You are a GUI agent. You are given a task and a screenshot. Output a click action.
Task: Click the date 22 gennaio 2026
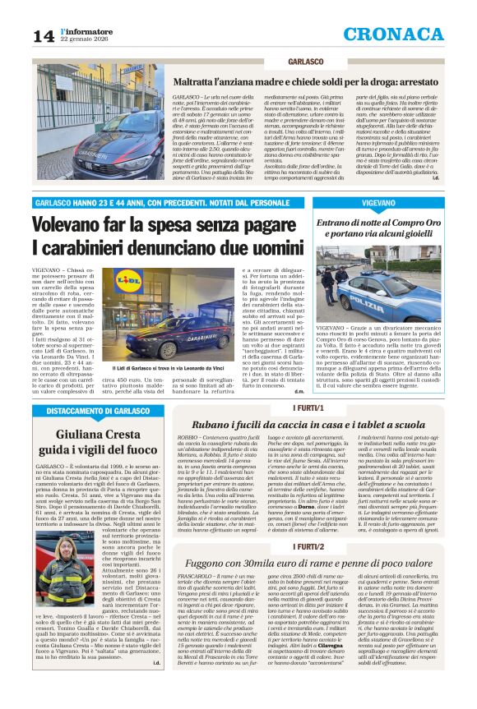[86, 39]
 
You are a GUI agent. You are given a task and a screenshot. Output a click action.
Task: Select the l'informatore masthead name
[85, 30]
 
